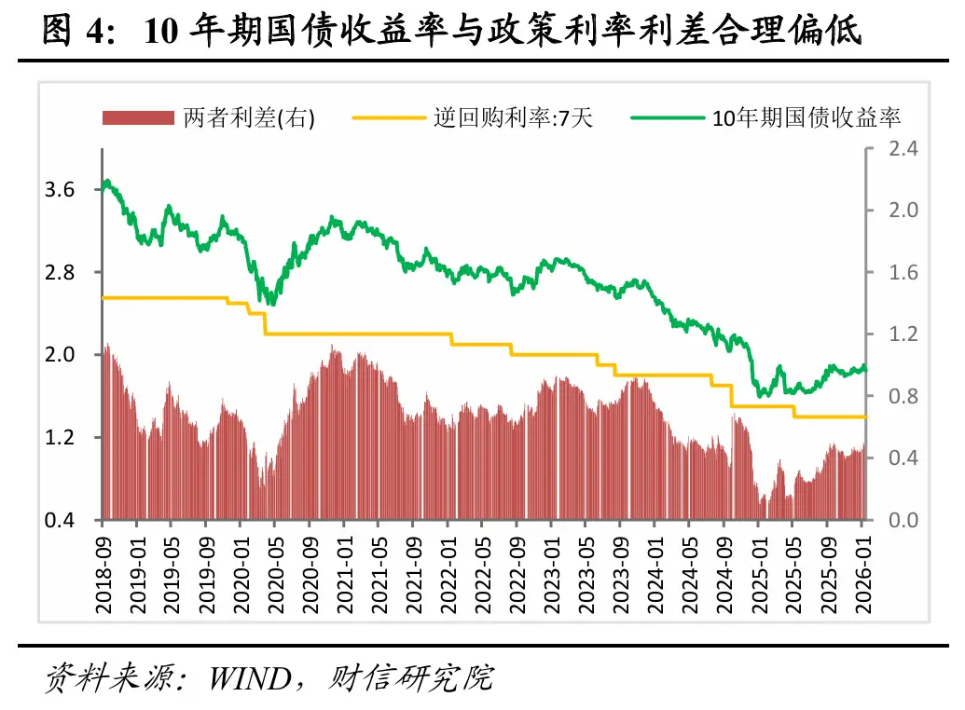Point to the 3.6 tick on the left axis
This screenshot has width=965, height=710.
click(60, 190)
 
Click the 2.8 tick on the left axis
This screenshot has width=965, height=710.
click(60, 272)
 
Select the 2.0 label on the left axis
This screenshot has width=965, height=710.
click(60, 355)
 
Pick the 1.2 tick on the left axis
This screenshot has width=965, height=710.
click(60, 437)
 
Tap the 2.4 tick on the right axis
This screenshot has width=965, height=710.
click(892, 149)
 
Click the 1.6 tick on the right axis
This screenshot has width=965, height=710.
click(892, 273)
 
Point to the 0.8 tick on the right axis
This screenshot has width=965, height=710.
click(892, 396)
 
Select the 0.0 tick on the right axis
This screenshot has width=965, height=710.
click(892, 520)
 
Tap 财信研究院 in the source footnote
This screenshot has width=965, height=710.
click(411, 677)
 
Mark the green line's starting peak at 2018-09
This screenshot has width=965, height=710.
click(107, 181)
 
